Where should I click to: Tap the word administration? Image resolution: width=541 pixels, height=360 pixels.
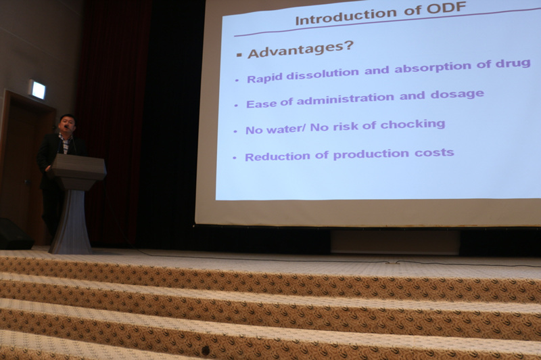[345, 99]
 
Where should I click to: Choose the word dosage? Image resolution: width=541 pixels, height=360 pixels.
[457, 94]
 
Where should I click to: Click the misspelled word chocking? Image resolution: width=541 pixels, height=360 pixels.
[413, 125]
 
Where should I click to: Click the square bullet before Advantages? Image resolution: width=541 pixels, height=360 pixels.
[239, 55]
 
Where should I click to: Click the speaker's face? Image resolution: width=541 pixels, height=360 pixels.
[66, 124]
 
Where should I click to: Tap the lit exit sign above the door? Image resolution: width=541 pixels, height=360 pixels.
[37, 89]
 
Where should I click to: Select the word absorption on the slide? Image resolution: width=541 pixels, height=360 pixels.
[433, 67]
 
